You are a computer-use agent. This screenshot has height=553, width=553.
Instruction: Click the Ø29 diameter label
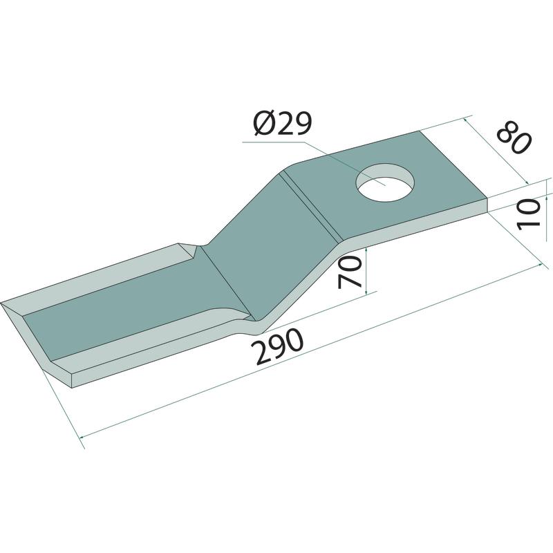[283, 124]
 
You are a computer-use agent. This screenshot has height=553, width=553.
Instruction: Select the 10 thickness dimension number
[529, 214]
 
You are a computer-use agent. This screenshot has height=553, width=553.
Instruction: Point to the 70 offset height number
[350, 272]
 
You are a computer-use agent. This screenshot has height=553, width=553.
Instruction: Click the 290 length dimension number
[279, 347]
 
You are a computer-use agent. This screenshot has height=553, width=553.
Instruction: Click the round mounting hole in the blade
[385, 182]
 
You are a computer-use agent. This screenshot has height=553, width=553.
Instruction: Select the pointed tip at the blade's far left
[1, 303]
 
